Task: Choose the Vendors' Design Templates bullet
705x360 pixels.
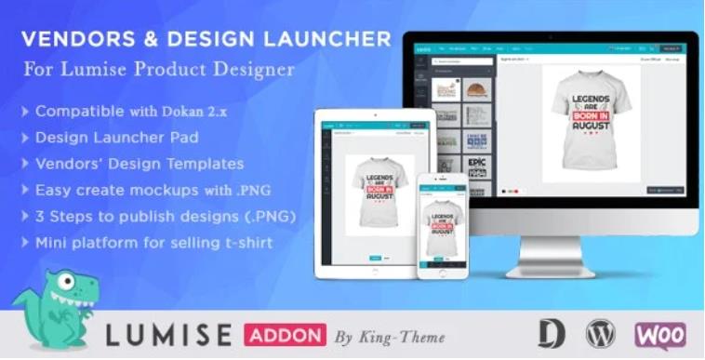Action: pyautogui.click(x=140, y=164)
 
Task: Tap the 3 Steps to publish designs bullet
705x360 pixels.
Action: pyautogui.click(x=152, y=217)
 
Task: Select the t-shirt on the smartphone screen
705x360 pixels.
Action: pyautogui.click(x=443, y=228)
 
